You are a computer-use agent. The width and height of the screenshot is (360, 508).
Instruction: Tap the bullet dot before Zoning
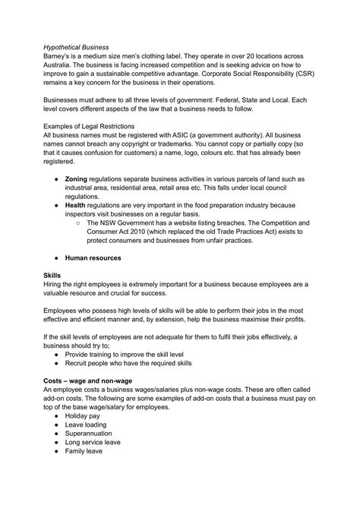coord(67,200)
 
